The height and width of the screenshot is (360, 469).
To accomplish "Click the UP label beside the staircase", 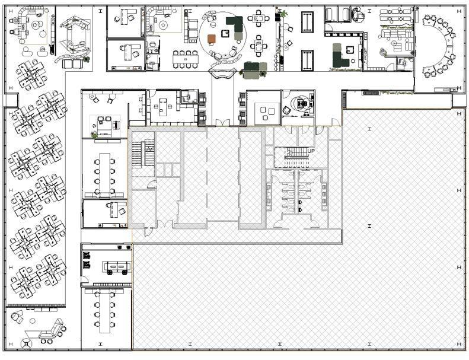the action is pyautogui.click(x=311, y=151).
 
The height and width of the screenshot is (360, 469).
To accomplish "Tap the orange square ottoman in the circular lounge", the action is pyautogui.click(x=212, y=39).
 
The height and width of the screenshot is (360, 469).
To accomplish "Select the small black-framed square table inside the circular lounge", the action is pyautogui.click(x=225, y=34).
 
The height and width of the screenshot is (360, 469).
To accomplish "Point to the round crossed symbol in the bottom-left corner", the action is pyautogui.click(x=26, y=343).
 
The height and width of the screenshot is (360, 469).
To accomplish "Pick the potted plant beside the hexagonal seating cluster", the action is pyautogui.click(x=87, y=59).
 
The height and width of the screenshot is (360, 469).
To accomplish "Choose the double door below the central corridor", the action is pyautogui.click(x=222, y=123).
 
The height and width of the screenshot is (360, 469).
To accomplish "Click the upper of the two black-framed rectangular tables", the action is pyautogui.click(x=307, y=22).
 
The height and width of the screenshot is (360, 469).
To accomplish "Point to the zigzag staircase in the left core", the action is pyautogui.click(x=142, y=153).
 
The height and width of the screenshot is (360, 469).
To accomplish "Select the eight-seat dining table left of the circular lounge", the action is pyautogui.click(x=185, y=59).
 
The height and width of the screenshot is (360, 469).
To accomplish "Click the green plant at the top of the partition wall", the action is pyautogui.click(x=283, y=13).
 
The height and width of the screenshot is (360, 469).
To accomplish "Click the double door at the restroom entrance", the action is pyautogui.click(x=296, y=224).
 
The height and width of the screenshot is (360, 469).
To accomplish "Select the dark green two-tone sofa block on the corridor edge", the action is pyautogui.click(x=255, y=71).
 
